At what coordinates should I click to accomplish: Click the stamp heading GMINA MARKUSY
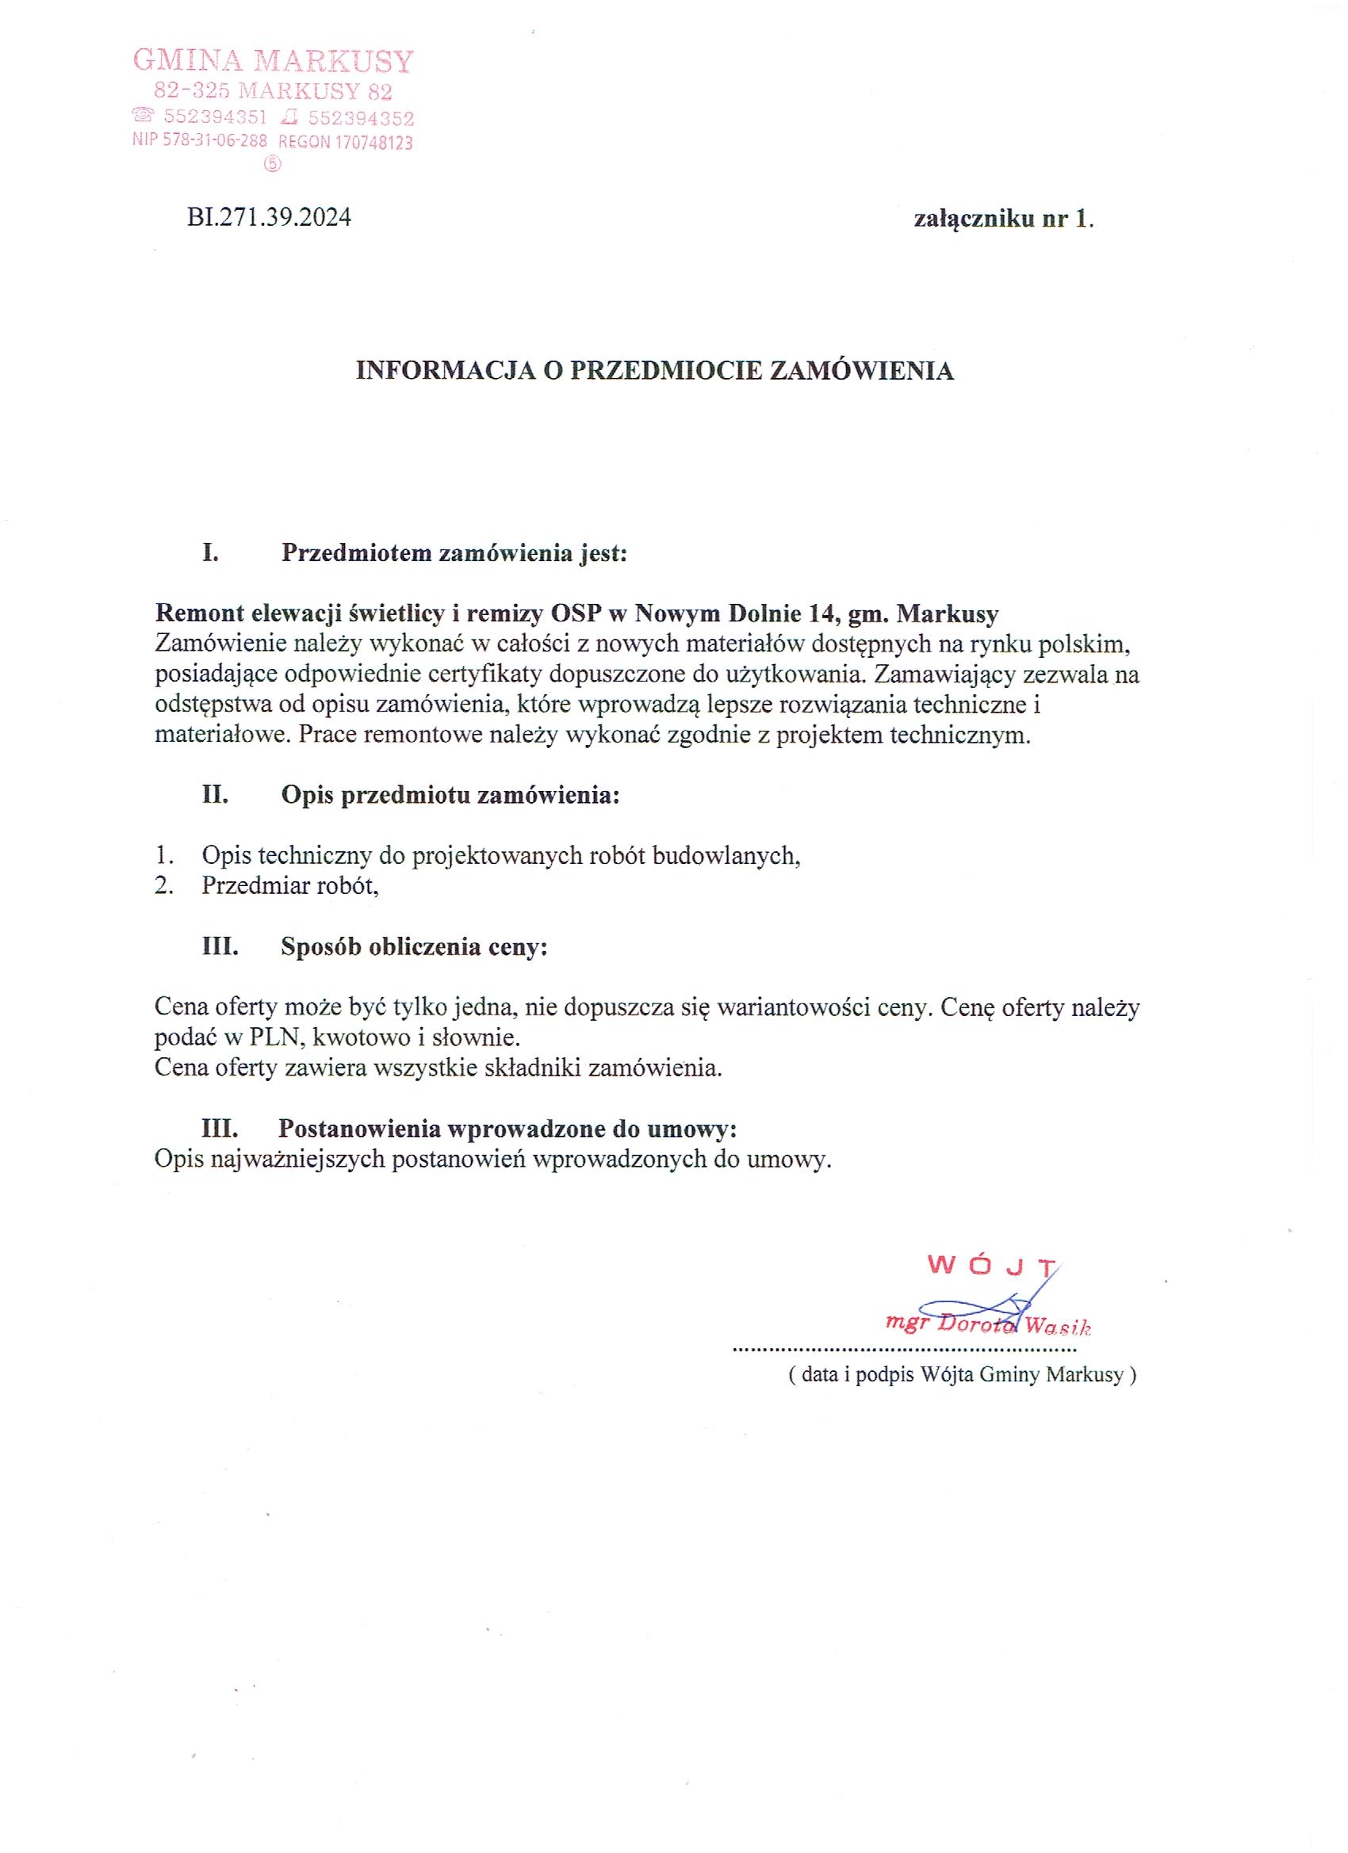pyautogui.click(x=273, y=61)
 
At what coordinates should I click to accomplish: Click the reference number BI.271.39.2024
pyautogui.click(x=269, y=217)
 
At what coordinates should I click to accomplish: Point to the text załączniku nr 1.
pyautogui.click(x=1003, y=219)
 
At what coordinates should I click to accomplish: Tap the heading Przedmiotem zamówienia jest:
pyautogui.click(x=454, y=553)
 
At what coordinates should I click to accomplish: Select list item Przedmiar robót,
pyautogui.click(x=290, y=885)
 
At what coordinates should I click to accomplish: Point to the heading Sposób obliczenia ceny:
pyautogui.click(x=414, y=947)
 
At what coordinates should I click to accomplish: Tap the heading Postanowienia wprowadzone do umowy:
pyautogui.click(x=507, y=1129)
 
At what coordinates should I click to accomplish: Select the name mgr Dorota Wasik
pyautogui.click(x=989, y=1324)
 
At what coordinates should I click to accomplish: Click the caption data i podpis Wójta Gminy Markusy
pyautogui.click(x=961, y=1375)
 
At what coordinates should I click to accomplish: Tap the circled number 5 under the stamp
pyautogui.click(x=272, y=164)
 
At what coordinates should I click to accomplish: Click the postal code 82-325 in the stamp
pyautogui.click(x=187, y=90)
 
